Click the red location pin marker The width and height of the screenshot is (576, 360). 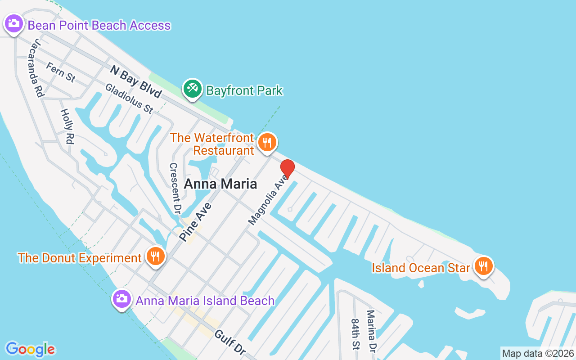[288, 169]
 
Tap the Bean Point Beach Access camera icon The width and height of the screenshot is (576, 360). [13, 23]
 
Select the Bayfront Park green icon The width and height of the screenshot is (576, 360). [193, 88]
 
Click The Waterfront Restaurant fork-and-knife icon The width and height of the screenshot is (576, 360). [267, 143]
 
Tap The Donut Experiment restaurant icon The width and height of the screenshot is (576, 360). [156, 256]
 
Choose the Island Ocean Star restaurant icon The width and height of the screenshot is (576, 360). [483, 265]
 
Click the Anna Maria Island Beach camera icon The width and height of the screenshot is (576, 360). [121, 298]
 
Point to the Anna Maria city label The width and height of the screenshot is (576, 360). [220, 184]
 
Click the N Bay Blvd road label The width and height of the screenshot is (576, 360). [135, 81]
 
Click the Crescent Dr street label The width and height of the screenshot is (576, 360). [175, 188]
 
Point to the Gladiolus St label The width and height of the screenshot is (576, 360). [129, 99]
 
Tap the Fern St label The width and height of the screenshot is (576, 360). [61, 72]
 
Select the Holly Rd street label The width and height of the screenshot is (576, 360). [66, 126]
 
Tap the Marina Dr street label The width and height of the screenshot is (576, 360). [371, 331]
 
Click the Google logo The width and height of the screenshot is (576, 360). [30, 349]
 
